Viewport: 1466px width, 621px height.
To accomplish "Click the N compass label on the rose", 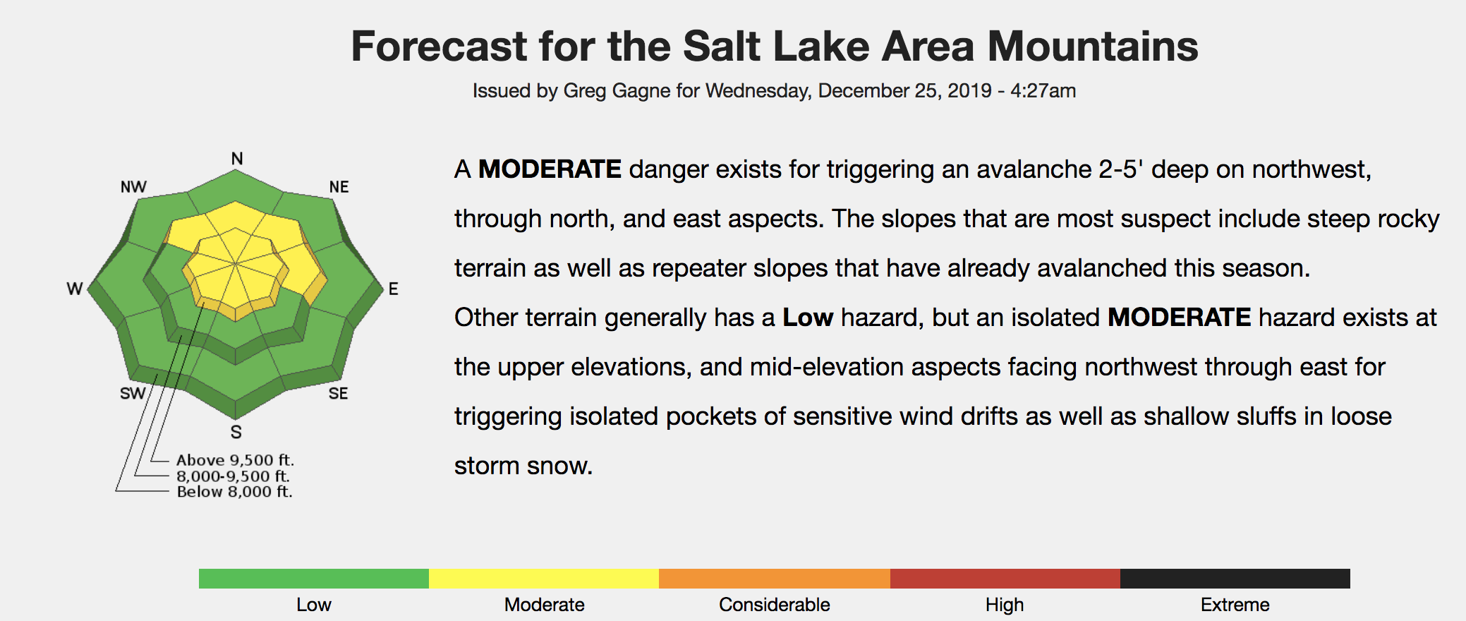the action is click(x=237, y=159).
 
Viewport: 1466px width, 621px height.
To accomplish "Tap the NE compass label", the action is click(x=339, y=187).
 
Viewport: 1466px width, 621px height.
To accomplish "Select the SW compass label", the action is click(x=133, y=393).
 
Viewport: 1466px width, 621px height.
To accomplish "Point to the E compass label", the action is click(x=393, y=289).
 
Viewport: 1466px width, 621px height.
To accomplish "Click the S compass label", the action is click(x=236, y=432).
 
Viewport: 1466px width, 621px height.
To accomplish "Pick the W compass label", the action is click(x=75, y=289).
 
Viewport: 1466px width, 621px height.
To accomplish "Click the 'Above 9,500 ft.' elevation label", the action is click(x=235, y=460).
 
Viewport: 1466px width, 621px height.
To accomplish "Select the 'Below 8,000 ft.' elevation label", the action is click(x=234, y=492).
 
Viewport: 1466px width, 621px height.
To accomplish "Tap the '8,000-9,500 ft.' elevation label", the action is click(x=233, y=476).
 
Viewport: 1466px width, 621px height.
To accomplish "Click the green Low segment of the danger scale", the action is click(x=314, y=579).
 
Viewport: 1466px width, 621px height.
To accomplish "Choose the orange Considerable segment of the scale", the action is click(x=775, y=579).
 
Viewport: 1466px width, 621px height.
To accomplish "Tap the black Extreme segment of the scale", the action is click(x=1235, y=579).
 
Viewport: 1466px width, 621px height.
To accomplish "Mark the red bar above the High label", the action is click(x=1005, y=579).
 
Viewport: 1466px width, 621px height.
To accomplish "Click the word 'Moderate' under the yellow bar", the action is click(x=544, y=605).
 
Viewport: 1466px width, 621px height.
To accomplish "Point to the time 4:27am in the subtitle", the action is click(x=1043, y=91).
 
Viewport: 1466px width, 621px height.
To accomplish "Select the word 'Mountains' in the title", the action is click(x=1093, y=47).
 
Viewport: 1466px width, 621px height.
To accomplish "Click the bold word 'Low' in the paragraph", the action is click(x=808, y=318).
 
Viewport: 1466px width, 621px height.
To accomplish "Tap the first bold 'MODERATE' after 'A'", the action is click(x=550, y=169).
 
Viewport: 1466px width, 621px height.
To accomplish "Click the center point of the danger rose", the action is click(x=236, y=264).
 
